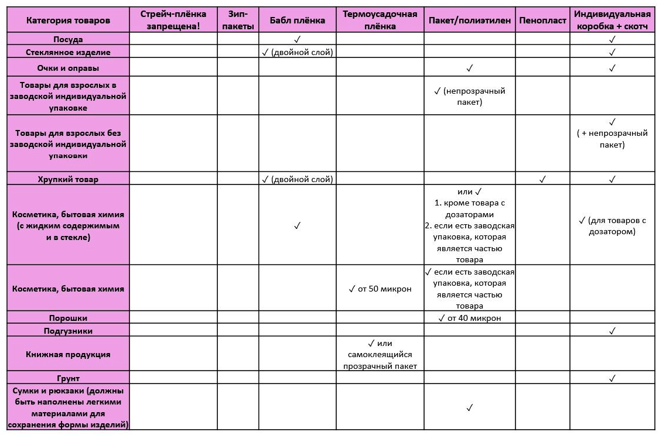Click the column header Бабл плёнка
[x=297, y=20]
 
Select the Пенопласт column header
[x=542, y=20]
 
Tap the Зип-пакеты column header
[x=238, y=20]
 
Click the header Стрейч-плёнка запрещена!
[x=173, y=20]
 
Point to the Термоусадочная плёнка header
[x=380, y=20]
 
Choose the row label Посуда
[x=68, y=39]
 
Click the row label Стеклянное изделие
[x=68, y=52]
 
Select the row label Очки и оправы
[x=68, y=68]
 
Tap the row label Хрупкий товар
[x=68, y=179]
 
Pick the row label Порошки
[x=68, y=318]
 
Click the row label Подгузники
[x=68, y=331]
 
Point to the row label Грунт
[x=68, y=378]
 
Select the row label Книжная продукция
[x=68, y=354]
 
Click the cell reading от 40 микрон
[x=469, y=318]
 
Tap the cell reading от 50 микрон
[x=380, y=289]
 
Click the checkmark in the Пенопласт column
[x=542, y=179]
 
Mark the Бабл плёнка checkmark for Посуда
[x=297, y=39]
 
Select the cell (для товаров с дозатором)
[x=612, y=225]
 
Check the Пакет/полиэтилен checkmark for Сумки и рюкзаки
[x=469, y=407]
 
